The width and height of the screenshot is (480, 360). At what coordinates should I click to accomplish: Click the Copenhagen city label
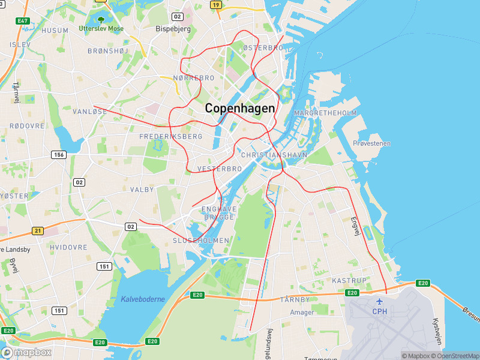click(x=240, y=109)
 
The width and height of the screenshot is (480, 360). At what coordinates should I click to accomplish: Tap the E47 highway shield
click(x=23, y=21)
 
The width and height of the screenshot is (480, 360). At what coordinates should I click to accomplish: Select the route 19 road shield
click(x=215, y=5)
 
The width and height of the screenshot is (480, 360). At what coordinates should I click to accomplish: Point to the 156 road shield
click(x=59, y=155)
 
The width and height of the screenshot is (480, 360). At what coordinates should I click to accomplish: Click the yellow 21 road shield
click(x=38, y=230)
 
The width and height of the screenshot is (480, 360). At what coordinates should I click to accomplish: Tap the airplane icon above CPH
click(x=379, y=301)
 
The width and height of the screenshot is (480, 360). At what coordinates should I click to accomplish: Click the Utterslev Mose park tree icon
click(x=100, y=19)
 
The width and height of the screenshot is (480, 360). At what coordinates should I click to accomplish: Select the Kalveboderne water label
click(x=142, y=299)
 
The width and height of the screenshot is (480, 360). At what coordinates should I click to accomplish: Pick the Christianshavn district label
click(x=274, y=155)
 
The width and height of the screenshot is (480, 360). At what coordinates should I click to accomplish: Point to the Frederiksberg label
click(x=171, y=137)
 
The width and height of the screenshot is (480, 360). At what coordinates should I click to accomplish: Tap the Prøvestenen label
click(x=371, y=143)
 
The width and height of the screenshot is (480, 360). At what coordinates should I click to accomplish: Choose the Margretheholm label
click(x=325, y=113)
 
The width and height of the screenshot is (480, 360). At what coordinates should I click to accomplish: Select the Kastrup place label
click(x=349, y=280)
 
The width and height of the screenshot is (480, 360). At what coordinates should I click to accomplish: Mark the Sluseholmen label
click(x=201, y=240)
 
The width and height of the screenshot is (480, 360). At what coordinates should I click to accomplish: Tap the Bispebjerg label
click(x=173, y=28)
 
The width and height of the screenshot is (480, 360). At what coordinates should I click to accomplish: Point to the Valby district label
click(x=142, y=189)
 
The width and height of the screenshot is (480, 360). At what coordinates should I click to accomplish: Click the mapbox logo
click(x=26, y=353)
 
